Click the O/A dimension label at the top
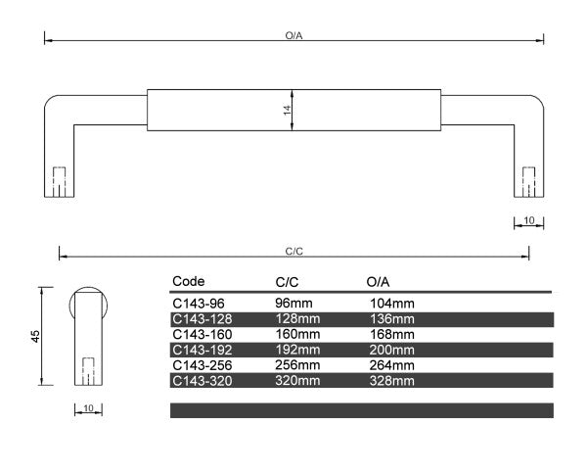[x=293, y=34]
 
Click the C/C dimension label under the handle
[x=294, y=252]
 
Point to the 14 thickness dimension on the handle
[x=288, y=111]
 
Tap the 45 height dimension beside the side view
[x=35, y=336]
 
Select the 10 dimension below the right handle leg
[x=529, y=221]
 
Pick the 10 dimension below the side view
[x=87, y=407]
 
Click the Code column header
[x=188, y=282]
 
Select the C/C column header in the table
[x=287, y=282]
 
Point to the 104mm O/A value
[x=391, y=304]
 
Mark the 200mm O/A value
[x=391, y=350]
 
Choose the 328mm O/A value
[x=391, y=380]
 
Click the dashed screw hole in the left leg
[x=59, y=181]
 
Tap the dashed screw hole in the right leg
[x=529, y=181]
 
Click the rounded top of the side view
[x=87, y=294]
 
